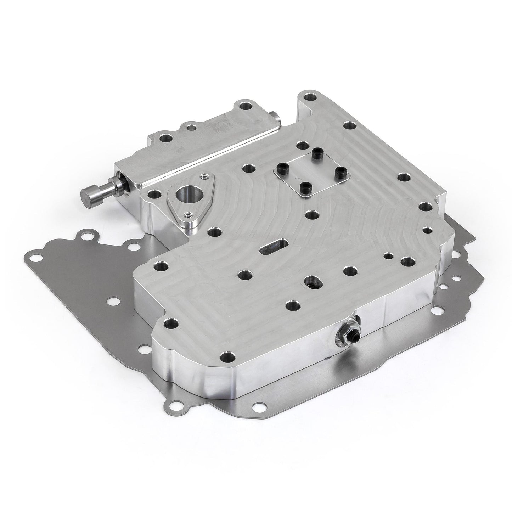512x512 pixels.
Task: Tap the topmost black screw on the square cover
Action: click(x=314, y=152)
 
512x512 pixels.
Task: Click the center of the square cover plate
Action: click(x=310, y=169)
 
